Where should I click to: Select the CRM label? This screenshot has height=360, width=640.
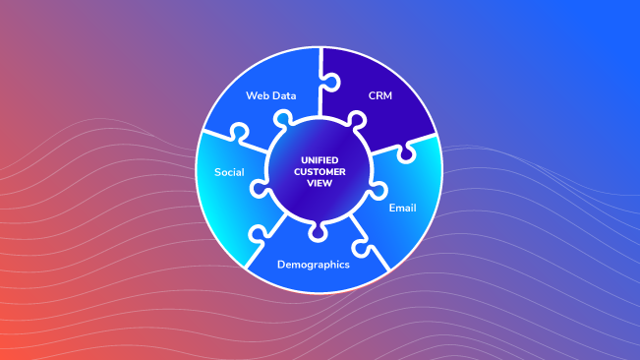coord(379,96)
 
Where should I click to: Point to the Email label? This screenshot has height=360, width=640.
coord(402,208)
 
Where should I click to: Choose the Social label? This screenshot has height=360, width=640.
coord(229,172)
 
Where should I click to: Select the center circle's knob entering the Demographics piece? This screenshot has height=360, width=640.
coord(320,230)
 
